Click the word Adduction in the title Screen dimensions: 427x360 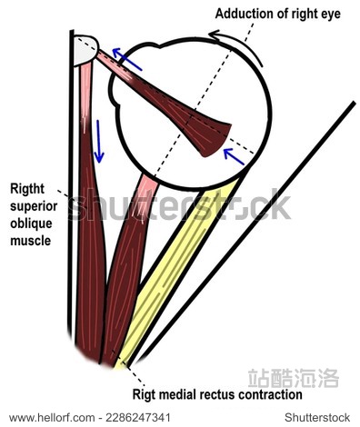click(245, 14)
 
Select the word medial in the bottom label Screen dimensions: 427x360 click(182, 395)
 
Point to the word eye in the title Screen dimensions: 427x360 click(339, 14)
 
